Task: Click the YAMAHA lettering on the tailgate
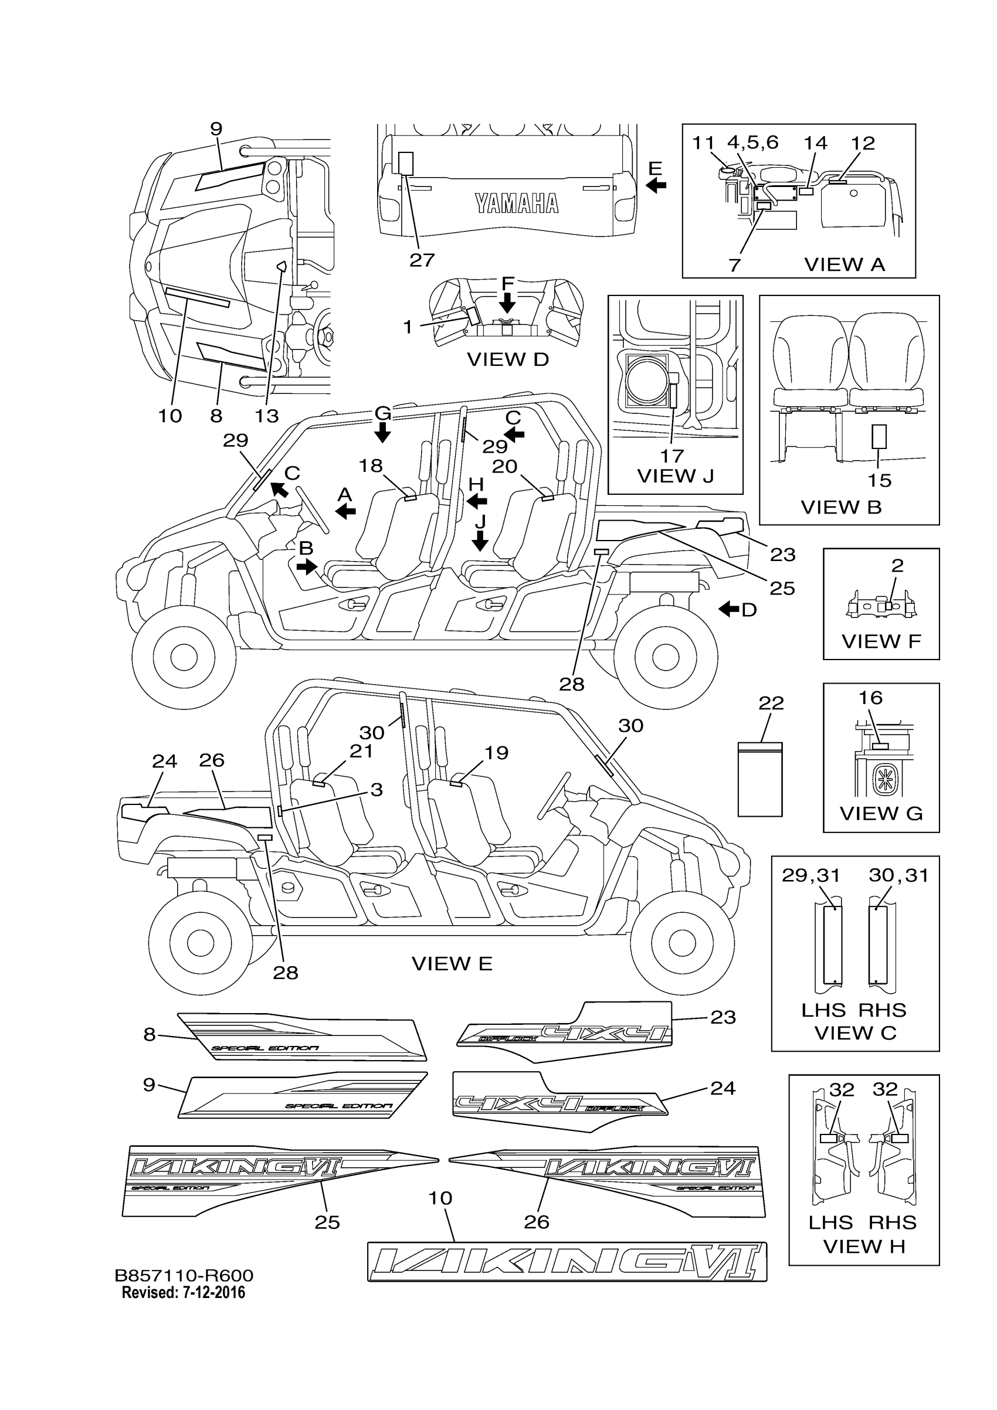[517, 203]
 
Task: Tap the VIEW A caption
[844, 264]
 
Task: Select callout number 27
[422, 260]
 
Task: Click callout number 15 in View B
[879, 480]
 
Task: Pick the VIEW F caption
[881, 642]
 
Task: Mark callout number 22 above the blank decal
[771, 703]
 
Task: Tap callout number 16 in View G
[870, 698]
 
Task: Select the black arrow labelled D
[729, 609]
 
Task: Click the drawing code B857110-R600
[184, 1276]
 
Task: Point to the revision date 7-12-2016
[213, 1293]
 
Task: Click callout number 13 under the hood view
[267, 416]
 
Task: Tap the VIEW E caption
[452, 963]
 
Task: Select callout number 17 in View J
[672, 456]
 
